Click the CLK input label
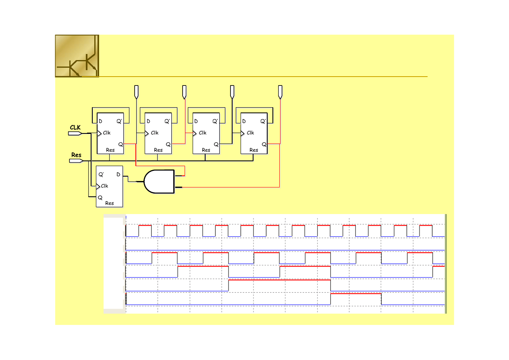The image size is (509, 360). click(75, 127)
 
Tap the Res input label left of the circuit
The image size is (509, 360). click(76, 155)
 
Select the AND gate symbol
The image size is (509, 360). click(159, 181)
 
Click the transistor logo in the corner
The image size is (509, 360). click(77, 56)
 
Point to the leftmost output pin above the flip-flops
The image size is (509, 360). click(136, 92)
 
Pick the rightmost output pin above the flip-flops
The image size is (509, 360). click(280, 92)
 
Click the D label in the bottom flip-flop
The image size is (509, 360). click(118, 175)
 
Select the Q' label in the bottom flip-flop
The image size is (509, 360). click(101, 175)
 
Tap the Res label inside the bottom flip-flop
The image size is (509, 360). click(110, 203)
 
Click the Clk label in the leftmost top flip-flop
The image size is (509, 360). click(107, 133)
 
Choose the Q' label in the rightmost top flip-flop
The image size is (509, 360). click(263, 121)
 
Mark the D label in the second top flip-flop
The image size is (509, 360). click(148, 121)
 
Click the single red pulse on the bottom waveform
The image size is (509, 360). click(356, 294)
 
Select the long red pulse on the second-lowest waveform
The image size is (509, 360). click(280, 280)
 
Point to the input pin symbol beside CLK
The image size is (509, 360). click(75, 133)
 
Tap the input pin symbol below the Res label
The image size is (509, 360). click(76, 161)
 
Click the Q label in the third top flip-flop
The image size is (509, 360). click(216, 144)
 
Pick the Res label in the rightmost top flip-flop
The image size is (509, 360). click(253, 150)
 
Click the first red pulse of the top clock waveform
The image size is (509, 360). click(145, 225)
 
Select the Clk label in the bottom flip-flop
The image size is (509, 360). click(105, 186)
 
